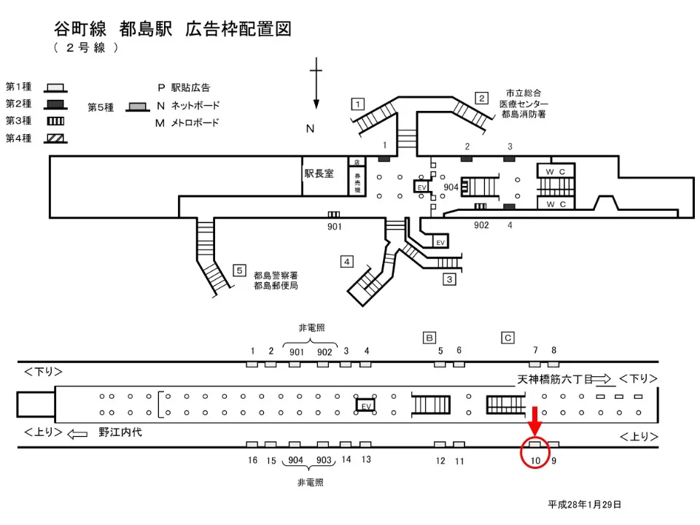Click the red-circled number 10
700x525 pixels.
point(535,460)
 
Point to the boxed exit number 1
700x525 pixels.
point(357,104)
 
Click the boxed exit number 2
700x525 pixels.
point(481,98)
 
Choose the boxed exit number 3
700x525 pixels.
point(450,279)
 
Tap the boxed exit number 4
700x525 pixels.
point(347,261)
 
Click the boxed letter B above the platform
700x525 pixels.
point(430,337)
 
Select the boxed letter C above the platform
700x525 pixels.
point(508,337)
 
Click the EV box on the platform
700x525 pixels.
point(365,405)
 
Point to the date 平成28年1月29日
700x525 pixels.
point(585,504)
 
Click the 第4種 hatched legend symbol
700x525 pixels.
point(56,139)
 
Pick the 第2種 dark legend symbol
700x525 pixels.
point(56,104)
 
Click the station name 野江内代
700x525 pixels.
point(120,432)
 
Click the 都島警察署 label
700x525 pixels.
point(276,276)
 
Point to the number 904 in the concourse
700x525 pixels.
point(451,187)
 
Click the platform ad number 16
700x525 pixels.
point(252,460)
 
